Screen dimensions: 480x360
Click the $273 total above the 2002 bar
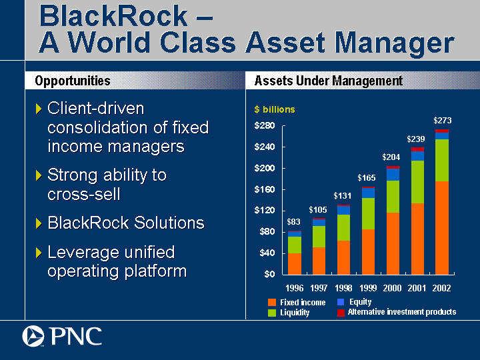click(443, 121)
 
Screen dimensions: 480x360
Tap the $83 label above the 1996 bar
click(293, 221)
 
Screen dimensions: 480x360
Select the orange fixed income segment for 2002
click(442, 228)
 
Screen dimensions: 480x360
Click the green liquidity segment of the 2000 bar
click(393, 197)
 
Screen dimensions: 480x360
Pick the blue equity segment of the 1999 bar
click(368, 193)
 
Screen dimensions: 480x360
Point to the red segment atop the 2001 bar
click(417, 149)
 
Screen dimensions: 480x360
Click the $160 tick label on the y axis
click(265, 190)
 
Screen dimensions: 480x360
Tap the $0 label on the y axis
click(269, 274)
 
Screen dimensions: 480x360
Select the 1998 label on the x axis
click(343, 288)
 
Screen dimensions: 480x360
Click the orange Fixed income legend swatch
click(272, 303)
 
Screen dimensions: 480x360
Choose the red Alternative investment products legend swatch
click(341, 313)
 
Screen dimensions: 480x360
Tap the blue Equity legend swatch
click(341, 302)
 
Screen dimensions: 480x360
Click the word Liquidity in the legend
click(295, 313)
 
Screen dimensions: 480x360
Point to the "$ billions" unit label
click(275, 109)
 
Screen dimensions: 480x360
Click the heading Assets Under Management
click(329, 81)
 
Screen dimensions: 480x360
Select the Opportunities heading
click(73, 81)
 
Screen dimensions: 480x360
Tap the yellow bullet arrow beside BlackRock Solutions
click(39, 223)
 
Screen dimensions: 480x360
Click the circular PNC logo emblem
click(33, 336)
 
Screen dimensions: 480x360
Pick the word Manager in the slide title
click(394, 43)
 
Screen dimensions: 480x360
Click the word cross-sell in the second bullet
click(83, 194)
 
